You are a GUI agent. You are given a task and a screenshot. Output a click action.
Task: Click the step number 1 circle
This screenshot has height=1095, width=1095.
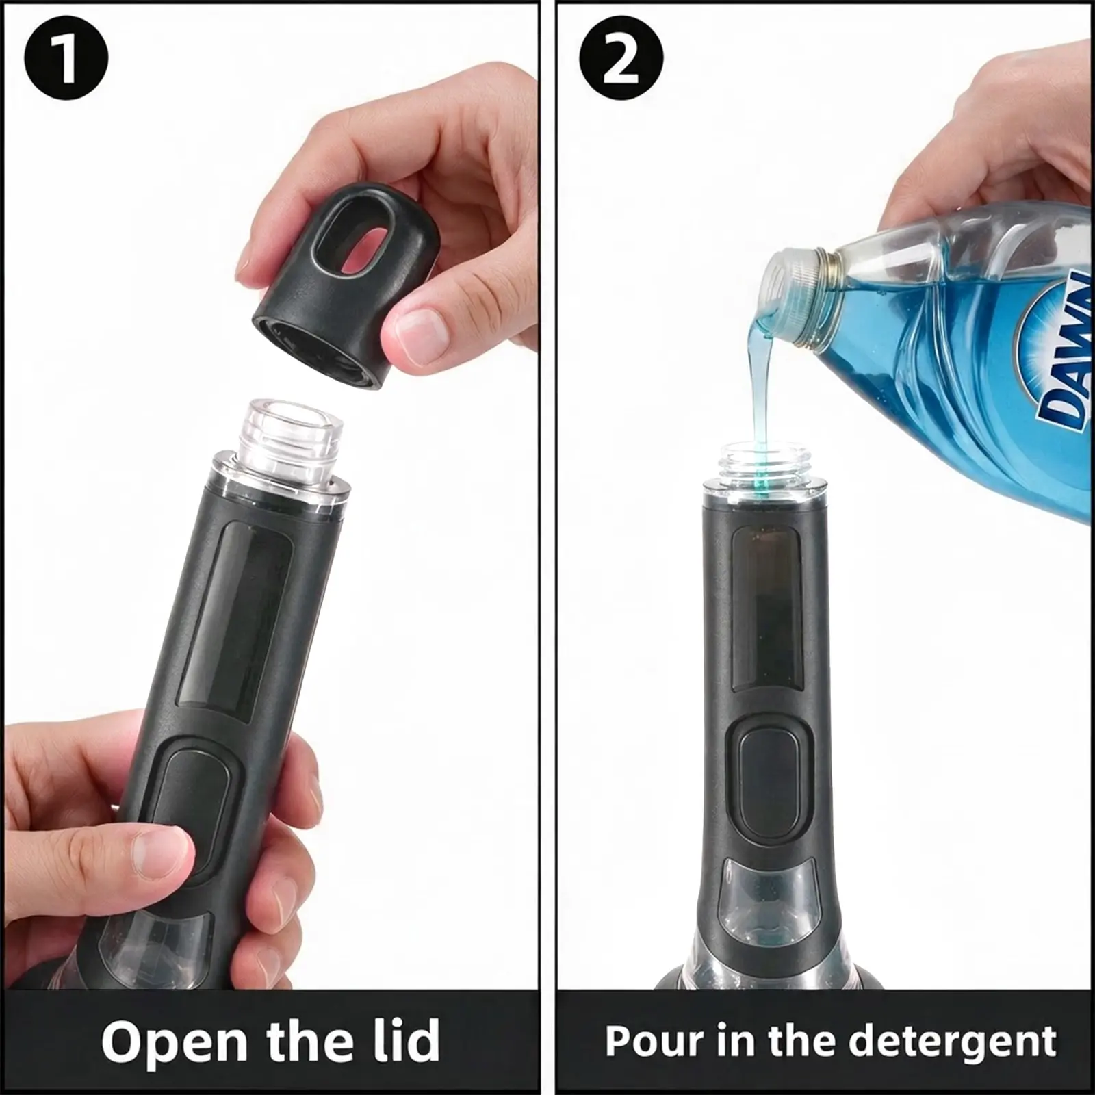pyautogui.click(x=66, y=58)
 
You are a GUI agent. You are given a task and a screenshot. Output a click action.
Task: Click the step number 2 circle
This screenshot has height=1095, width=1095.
pyautogui.click(x=621, y=58)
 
